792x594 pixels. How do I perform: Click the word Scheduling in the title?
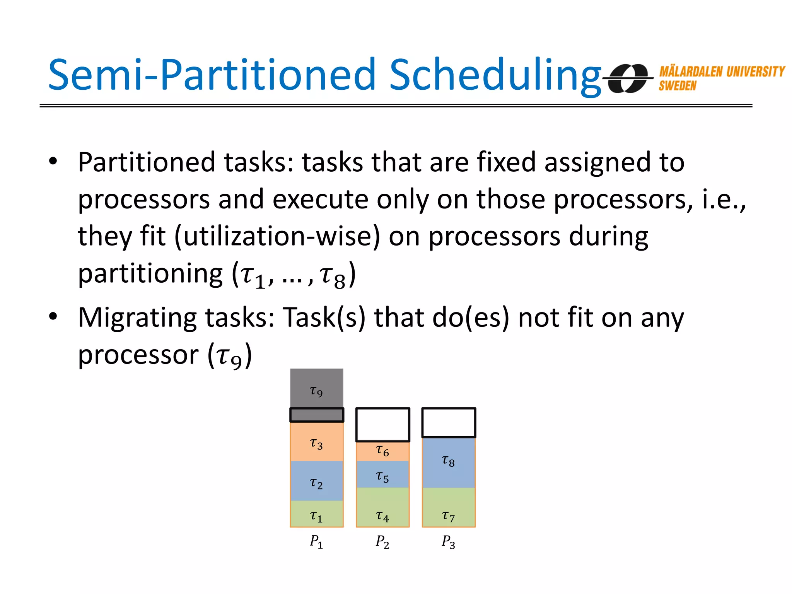coord(495,75)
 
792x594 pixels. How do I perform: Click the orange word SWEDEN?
coord(677,86)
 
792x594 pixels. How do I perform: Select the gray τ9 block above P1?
coord(317,389)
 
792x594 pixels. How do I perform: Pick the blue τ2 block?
coord(317,481)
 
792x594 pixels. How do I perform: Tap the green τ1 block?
coord(317,514)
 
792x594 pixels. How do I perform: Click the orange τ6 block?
coord(382,451)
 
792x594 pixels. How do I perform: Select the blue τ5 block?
coord(382,475)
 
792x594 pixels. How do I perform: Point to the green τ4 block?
coord(382,509)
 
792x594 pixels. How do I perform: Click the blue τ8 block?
coord(449,462)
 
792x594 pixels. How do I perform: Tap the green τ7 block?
coord(449,509)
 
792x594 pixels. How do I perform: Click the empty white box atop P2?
coord(382,424)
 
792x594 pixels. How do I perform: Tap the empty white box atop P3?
coord(449,422)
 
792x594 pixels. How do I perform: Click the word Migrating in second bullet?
coord(138,319)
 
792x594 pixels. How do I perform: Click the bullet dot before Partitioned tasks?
coord(53,162)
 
